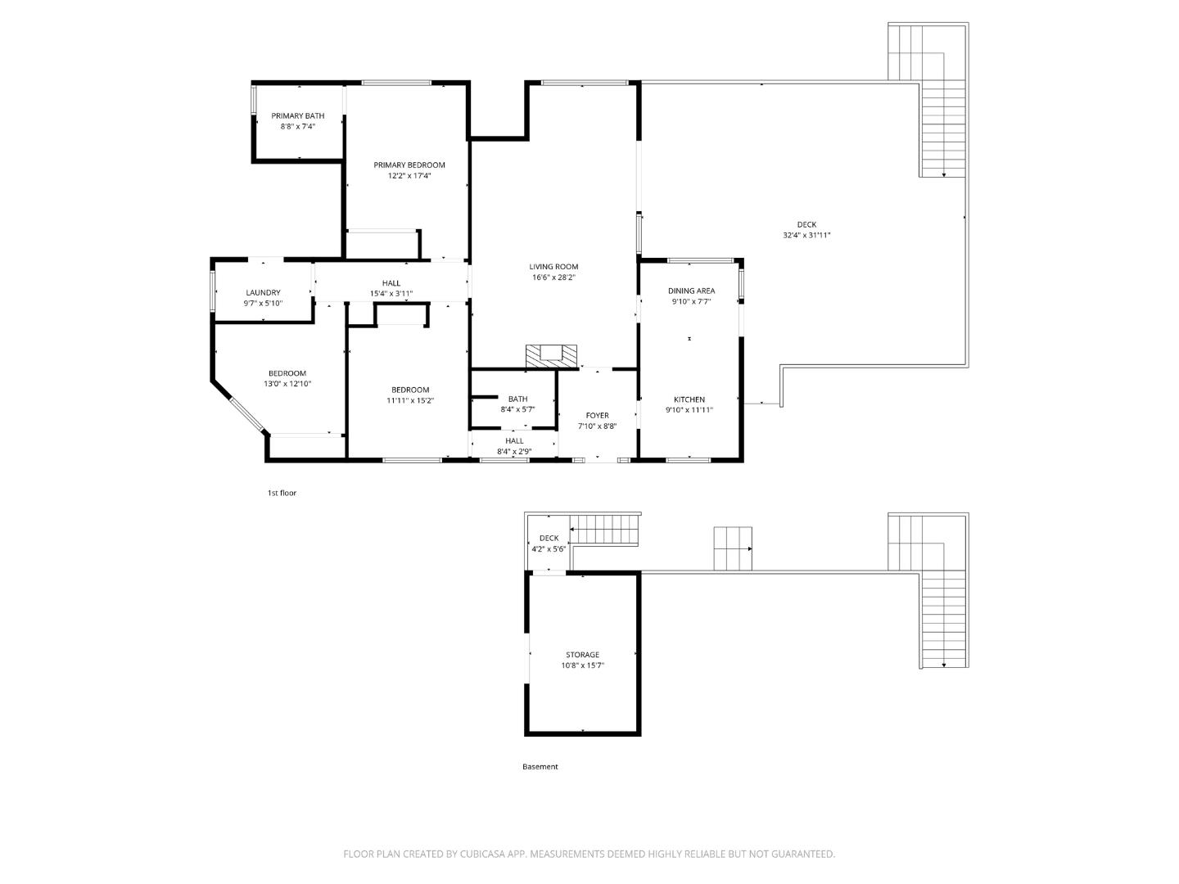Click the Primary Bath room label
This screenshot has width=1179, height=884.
pyautogui.click(x=298, y=116)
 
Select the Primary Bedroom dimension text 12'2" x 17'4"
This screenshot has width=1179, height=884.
pyautogui.click(x=409, y=176)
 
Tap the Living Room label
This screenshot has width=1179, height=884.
pyautogui.click(x=553, y=267)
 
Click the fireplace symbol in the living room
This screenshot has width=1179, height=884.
pyautogui.click(x=551, y=355)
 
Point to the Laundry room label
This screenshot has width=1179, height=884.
pyautogui.click(x=263, y=293)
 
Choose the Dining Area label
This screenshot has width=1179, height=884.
pyautogui.click(x=691, y=291)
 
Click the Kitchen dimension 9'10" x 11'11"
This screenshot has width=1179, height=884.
pyautogui.click(x=689, y=410)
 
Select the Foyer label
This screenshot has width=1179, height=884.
pyautogui.click(x=597, y=416)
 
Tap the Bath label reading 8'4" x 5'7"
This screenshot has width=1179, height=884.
pyautogui.click(x=517, y=399)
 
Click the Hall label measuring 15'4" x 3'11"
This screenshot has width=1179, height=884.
pyautogui.click(x=391, y=283)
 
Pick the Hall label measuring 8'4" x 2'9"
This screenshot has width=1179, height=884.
pyautogui.click(x=514, y=441)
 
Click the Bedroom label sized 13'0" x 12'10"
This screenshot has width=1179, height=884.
pyautogui.click(x=287, y=373)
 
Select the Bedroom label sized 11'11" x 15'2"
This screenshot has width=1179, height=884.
pyautogui.click(x=410, y=390)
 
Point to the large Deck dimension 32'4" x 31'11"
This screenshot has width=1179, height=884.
pyautogui.click(x=806, y=236)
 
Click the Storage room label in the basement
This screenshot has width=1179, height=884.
pyautogui.click(x=582, y=655)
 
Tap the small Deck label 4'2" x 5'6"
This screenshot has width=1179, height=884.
pyautogui.click(x=549, y=539)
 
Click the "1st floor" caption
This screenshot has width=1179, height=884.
pyautogui.click(x=282, y=493)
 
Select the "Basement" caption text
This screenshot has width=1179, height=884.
pyautogui.click(x=540, y=767)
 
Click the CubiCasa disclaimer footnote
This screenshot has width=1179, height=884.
pyautogui.click(x=589, y=854)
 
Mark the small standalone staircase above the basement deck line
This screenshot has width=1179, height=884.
pyautogui.click(x=733, y=548)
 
